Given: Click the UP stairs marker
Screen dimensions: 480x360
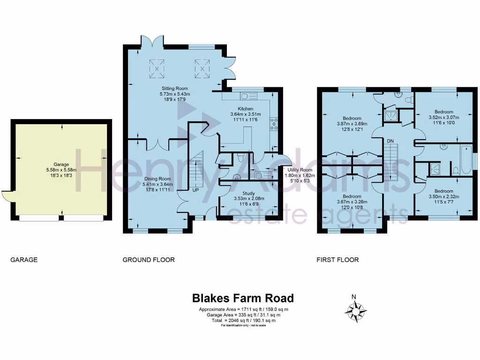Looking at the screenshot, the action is [x=195, y=190].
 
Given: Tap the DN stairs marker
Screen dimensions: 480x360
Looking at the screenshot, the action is [x=390, y=141].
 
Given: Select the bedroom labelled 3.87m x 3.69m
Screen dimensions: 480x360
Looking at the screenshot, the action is [x=352, y=124].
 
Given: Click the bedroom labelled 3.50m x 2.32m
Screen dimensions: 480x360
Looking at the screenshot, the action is [x=444, y=196].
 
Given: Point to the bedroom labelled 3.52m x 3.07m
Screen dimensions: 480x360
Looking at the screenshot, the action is [x=444, y=117].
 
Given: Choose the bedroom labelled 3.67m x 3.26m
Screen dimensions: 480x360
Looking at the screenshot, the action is [x=352, y=202].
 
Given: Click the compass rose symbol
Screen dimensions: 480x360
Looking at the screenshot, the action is [x=356, y=311].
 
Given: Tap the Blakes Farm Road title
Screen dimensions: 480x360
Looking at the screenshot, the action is [x=243, y=298].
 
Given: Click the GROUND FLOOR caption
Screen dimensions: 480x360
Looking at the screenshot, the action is [x=149, y=260].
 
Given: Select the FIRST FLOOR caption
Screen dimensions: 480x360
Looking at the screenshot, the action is [x=337, y=260].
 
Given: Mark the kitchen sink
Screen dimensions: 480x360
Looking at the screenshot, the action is [x=248, y=97].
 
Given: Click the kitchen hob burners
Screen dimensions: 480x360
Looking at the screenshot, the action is [x=274, y=124].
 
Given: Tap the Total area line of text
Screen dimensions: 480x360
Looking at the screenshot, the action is [x=244, y=321].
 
